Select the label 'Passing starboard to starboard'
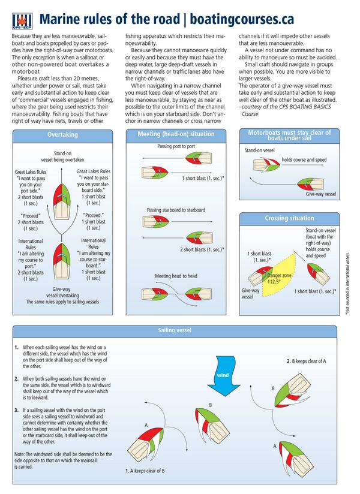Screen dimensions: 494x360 click(x=176, y=210)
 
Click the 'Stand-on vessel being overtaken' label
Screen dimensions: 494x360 click(x=62, y=156)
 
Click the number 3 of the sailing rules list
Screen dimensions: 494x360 click(x=16, y=410)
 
